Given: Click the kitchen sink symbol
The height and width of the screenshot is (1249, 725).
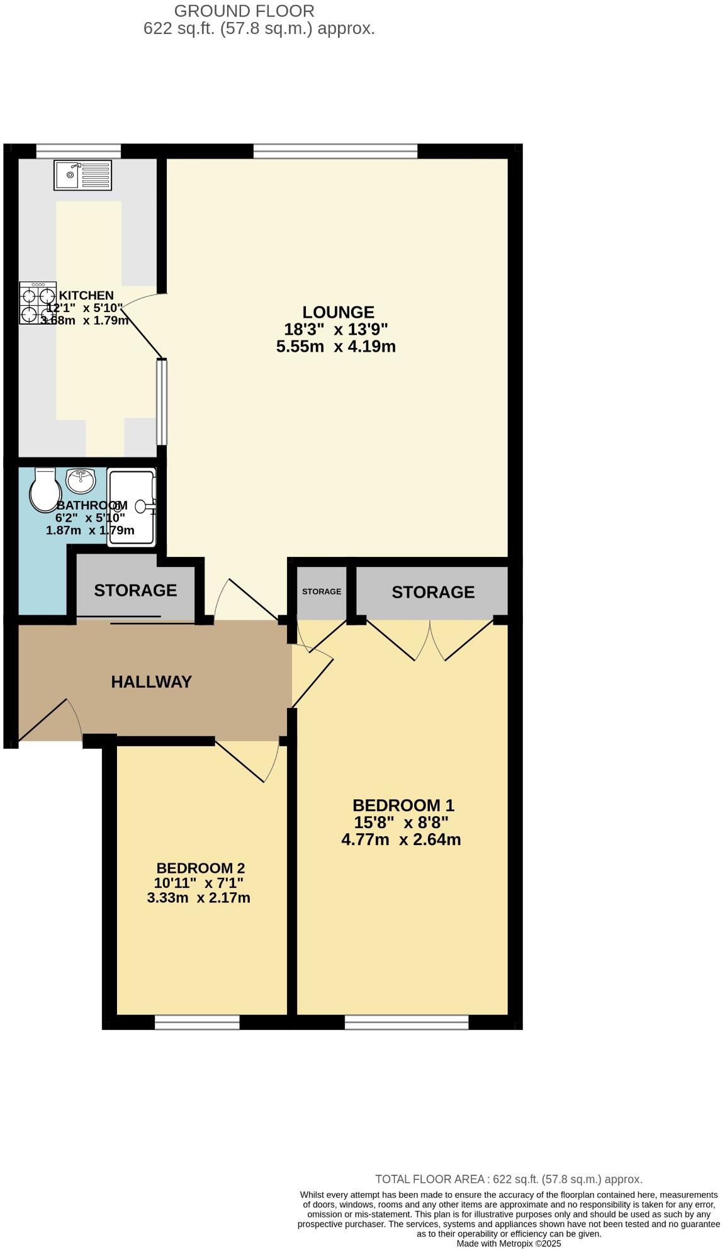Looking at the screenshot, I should coord(82,175).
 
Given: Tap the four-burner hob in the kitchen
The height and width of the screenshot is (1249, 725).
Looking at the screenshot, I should coord(38,303).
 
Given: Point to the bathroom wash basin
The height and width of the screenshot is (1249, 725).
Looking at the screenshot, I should coord(81,481).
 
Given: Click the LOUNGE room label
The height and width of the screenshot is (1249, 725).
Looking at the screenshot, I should coord(338,312).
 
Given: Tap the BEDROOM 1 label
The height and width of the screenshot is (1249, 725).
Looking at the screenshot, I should coord(403,805).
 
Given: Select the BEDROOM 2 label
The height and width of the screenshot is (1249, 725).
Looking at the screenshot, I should coord(200,868).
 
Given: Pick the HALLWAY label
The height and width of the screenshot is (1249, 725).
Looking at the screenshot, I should coord(151,682).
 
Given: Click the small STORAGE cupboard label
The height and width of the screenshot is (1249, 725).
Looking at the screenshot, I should coord(322,591).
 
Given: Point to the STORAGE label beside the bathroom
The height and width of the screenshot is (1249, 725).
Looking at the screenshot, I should coord(135,590).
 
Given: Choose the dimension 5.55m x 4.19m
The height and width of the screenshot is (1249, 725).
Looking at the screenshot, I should coord(336,346).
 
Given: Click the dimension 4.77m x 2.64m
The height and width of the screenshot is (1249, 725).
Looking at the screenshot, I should coord(401,839).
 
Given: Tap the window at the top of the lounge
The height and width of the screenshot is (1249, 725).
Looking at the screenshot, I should coord(335,151).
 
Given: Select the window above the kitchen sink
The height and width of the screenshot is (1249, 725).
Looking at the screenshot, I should coord(78,151).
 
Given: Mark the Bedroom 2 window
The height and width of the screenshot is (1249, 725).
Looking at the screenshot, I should coord(197,1022).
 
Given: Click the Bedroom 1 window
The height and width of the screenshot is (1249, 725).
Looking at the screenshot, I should coord(407,1022).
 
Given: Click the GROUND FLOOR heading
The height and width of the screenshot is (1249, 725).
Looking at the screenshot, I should coord(244,11).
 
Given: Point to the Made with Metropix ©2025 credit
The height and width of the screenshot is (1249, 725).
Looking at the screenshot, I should coord(509,1243).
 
